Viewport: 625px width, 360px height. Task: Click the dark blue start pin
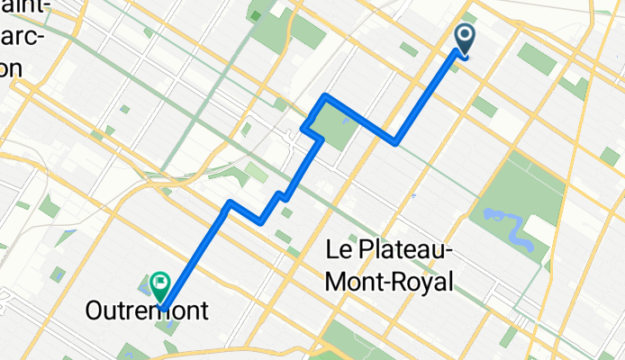coord(466,38)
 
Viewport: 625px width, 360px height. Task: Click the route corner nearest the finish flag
coord(231,202)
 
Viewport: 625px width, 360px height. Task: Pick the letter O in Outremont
coord(95,312)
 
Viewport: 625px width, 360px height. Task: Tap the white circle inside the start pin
coord(466,36)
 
